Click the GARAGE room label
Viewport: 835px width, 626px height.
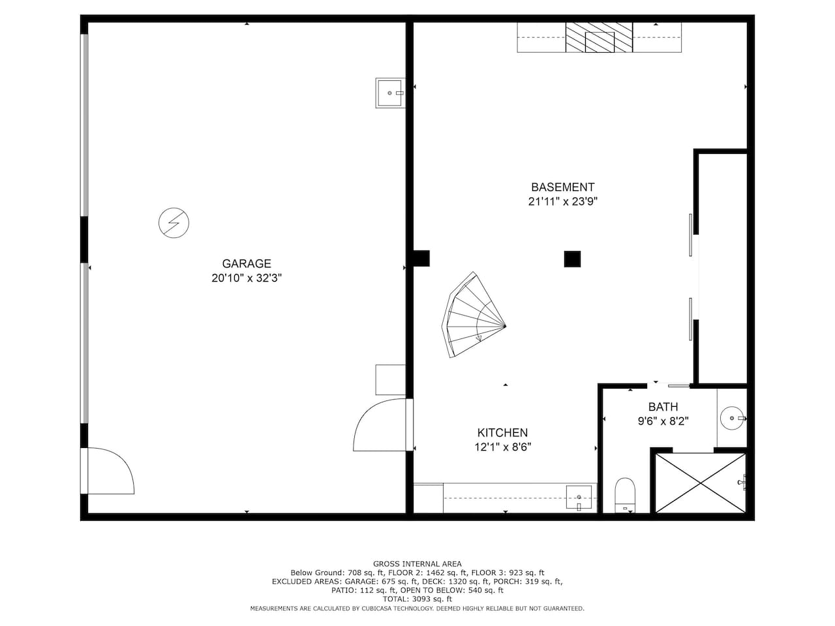click(x=247, y=263)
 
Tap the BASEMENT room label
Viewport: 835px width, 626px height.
click(x=562, y=187)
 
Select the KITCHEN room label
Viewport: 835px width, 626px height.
click(x=502, y=432)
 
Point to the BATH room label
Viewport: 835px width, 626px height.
click(x=663, y=407)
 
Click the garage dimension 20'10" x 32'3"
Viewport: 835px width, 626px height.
click(x=247, y=278)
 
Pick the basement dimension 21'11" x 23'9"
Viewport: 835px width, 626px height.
click(x=562, y=201)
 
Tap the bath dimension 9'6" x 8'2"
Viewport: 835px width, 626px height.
click(x=663, y=421)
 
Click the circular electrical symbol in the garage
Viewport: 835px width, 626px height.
click(x=174, y=223)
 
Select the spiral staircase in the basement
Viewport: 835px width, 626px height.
click(x=474, y=315)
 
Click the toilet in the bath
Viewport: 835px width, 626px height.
click(x=625, y=494)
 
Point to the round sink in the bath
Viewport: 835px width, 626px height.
click(x=732, y=418)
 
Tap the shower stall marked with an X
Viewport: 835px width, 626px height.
click(x=701, y=483)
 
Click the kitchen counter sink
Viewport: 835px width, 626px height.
click(x=579, y=497)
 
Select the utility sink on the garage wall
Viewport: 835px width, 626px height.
click(x=389, y=93)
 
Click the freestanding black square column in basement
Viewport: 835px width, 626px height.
click(x=572, y=260)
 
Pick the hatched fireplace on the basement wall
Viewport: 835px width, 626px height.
click(x=599, y=37)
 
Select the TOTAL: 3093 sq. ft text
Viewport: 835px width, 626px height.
click(x=417, y=599)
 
